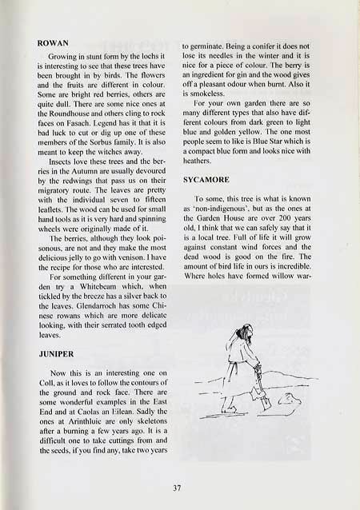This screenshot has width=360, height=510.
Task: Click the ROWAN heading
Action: tap(55, 39)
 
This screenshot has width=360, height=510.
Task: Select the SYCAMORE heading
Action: tap(210, 181)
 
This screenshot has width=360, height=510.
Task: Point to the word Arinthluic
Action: tap(83, 429)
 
